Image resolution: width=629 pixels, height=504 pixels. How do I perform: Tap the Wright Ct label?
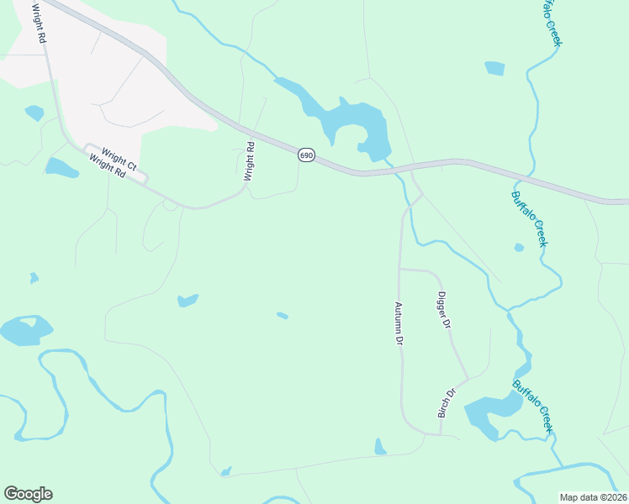click(119, 155)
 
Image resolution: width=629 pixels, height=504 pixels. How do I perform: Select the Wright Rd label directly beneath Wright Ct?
click(107, 167)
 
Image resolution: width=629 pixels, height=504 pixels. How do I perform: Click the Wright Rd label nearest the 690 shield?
click(249, 162)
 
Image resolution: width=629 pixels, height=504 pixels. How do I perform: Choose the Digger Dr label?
click(444, 310)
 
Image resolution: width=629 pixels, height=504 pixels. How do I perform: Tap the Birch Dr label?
click(446, 403)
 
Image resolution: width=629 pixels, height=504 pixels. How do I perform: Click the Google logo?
click(28, 494)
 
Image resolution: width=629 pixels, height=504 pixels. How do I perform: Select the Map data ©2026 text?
click(593, 497)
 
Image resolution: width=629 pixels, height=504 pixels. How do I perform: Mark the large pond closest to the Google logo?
click(25, 331)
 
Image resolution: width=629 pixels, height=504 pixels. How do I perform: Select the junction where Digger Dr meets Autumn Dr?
click(400, 270)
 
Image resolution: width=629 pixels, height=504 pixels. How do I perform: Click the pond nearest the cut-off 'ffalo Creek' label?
click(495, 68)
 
